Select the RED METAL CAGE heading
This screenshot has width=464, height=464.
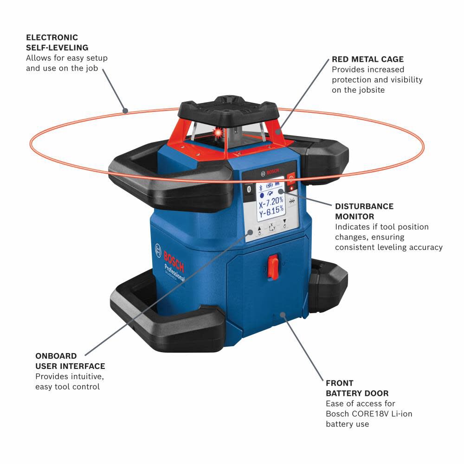click(367, 59)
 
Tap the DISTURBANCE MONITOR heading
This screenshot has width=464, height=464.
click(364, 211)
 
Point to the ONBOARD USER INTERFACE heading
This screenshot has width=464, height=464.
click(70, 361)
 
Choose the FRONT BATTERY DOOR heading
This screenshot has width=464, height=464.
click(357, 388)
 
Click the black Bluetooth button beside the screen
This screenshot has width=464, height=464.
click(248, 189)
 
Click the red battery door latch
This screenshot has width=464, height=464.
click(273, 266)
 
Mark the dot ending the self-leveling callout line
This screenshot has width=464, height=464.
click(125, 110)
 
